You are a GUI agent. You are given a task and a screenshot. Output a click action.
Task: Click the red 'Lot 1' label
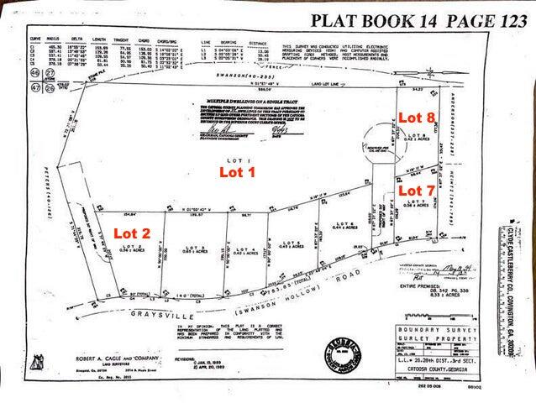pyautogui.click(x=236, y=172)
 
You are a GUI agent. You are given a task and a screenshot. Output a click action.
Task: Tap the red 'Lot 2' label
pyautogui.click(x=132, y=233)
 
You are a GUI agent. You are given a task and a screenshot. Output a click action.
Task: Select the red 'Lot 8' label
pyautogui.click(x=416, y=118)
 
